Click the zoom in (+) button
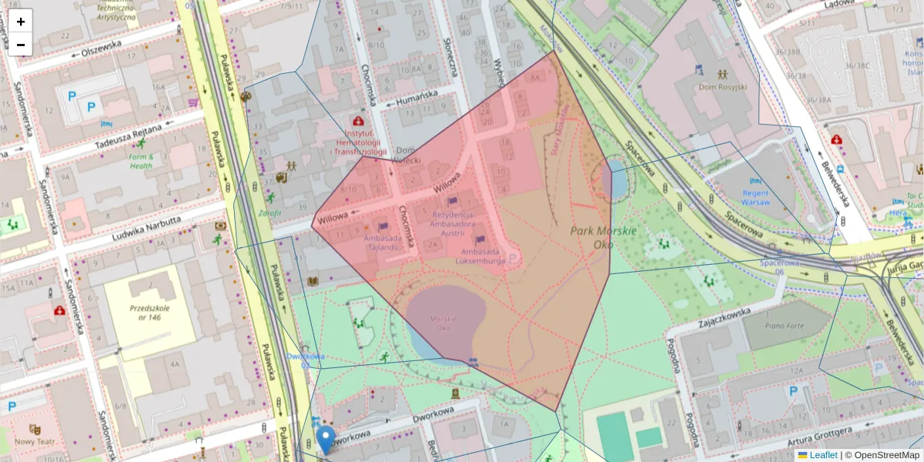point(21,21)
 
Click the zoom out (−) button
point(21,45)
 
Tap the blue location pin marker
point(326,440)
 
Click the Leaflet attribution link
point(823,455)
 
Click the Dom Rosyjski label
point(723,87)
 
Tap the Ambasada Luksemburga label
point(484,256)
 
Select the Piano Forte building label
point(784,326)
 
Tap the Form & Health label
point(141,161)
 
